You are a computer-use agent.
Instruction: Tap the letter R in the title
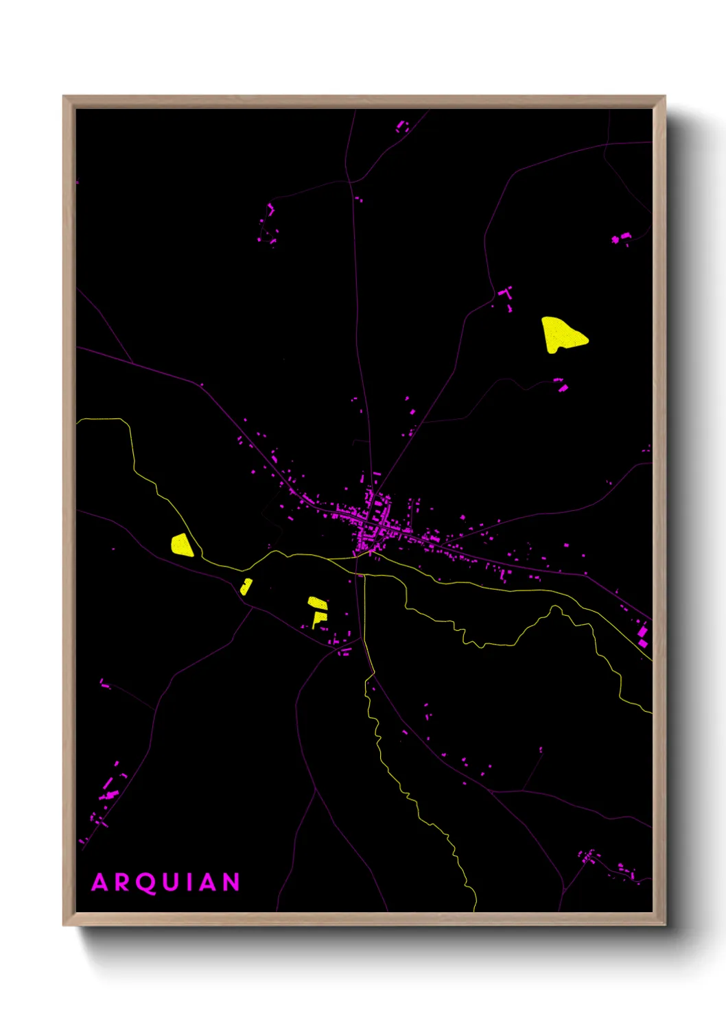[x=121, y=882]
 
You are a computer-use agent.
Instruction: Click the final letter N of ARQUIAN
[x=231, y=882]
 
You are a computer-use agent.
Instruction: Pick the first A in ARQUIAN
[x=100, y=882]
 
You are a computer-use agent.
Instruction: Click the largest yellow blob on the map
[x=562, y=335]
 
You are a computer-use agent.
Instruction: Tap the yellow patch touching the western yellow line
[x=182, y=545]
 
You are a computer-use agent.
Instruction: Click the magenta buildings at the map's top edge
[x=402, y=126]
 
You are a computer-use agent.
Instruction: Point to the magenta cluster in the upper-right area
[x=622, y=238]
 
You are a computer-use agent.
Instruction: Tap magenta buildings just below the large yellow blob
[x=561, y=384]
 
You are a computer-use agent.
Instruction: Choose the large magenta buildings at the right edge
[x=642, y=634]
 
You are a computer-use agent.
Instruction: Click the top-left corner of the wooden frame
[x=64, y=97]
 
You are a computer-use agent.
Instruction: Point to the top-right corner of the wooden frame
[x=664, y=97]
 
